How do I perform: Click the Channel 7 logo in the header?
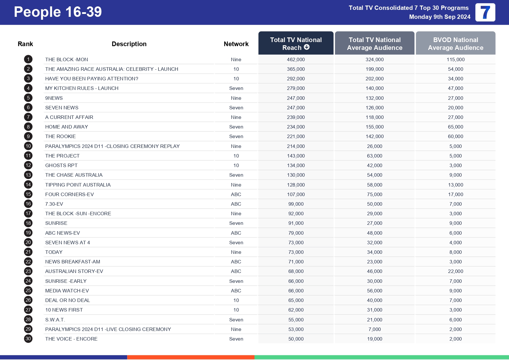tap(485, 12)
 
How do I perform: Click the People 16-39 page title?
tap(58, 12)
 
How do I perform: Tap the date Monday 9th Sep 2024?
tap(439, 17)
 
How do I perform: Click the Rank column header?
tap(25, 44)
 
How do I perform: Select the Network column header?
tap(236, 44)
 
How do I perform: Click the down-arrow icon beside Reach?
tap(307, 47)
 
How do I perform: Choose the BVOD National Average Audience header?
tap(455, 44)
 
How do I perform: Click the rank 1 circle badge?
tap(28, 59)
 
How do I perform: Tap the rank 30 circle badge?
tap(28, 339)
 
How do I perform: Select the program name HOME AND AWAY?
tap(66, 127)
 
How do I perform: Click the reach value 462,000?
tap(296, 59)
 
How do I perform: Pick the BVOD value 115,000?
tap(455, 59)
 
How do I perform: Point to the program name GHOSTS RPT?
tap(61, 165)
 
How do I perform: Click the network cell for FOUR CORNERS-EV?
tap(236, 194)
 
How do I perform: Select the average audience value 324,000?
tap(374, 59)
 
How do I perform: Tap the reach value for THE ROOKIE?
tap(296, 136)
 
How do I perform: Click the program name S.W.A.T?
tap(55, 320)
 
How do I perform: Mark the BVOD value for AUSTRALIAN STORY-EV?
tap(455, 271)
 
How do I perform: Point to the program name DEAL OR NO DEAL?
tap(67, 300)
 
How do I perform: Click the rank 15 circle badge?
tap(28, 194)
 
